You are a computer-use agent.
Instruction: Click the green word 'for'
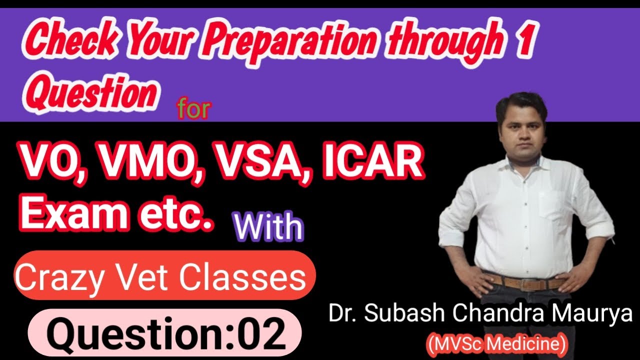[x=192, y=109]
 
